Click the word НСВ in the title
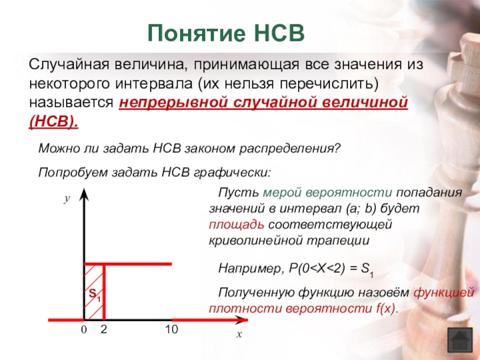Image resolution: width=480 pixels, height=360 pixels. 280,33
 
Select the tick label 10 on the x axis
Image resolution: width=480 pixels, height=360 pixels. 172,329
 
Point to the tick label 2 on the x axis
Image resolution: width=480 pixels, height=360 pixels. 104,329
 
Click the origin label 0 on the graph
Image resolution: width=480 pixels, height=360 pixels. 83,329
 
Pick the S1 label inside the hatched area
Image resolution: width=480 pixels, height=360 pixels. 95,295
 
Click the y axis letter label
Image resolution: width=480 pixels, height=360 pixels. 67,199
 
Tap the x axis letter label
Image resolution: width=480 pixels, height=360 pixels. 239,334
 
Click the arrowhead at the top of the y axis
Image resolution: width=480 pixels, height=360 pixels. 84,194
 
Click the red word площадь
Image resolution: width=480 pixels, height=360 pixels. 236,224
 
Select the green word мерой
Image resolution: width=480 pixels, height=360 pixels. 281,193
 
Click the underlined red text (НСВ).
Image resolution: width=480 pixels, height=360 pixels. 53,122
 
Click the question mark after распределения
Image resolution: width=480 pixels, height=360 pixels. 337,148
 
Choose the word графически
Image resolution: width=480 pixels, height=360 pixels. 232,173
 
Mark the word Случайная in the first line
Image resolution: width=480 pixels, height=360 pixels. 69,65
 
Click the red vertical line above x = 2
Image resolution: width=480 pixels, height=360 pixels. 104,292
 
